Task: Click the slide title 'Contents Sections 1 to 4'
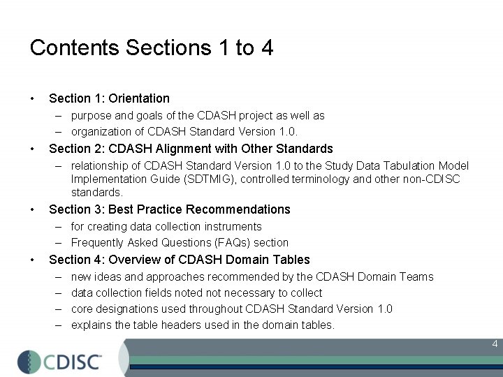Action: pyautogui.click(x=152, y=48)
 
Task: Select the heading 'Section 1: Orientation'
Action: pyautogui.click(x=109, y=98)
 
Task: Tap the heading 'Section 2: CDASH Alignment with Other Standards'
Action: pyautogui.click(x=191, y=149)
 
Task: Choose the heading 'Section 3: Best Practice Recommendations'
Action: pyautogui.click(x=170, y=209)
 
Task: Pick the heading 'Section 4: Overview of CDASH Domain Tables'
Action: pyautogui.click(x=180, y=260)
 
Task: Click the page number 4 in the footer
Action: pyautogui.click(x=495, y=344)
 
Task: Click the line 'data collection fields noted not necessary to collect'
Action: pyautogui.click(x=196, y=293)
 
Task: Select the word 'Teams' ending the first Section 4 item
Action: pyautogui.click(x=416, y=277)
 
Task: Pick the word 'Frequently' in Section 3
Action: pyautogui.click(x=97, y=243)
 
